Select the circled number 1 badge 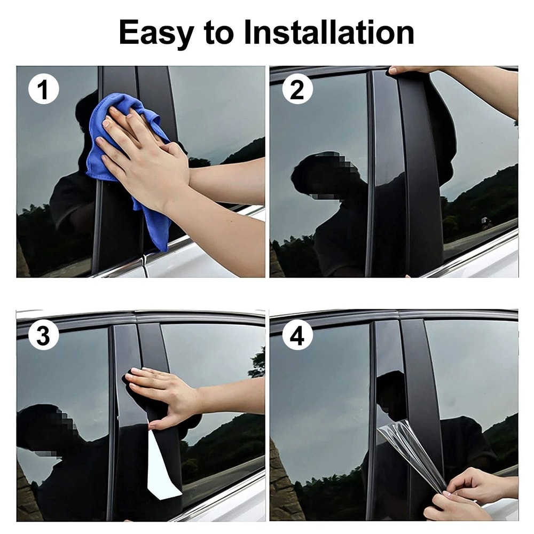(43, 89)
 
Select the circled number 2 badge (297, 89)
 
